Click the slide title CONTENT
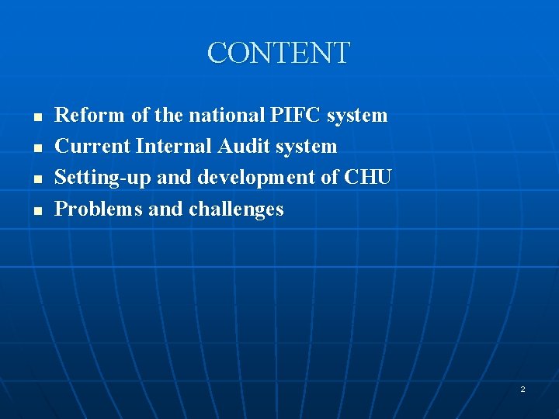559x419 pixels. pos(279,53)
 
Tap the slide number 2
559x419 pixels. pos(523,389)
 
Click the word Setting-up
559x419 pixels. pos(103,178)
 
